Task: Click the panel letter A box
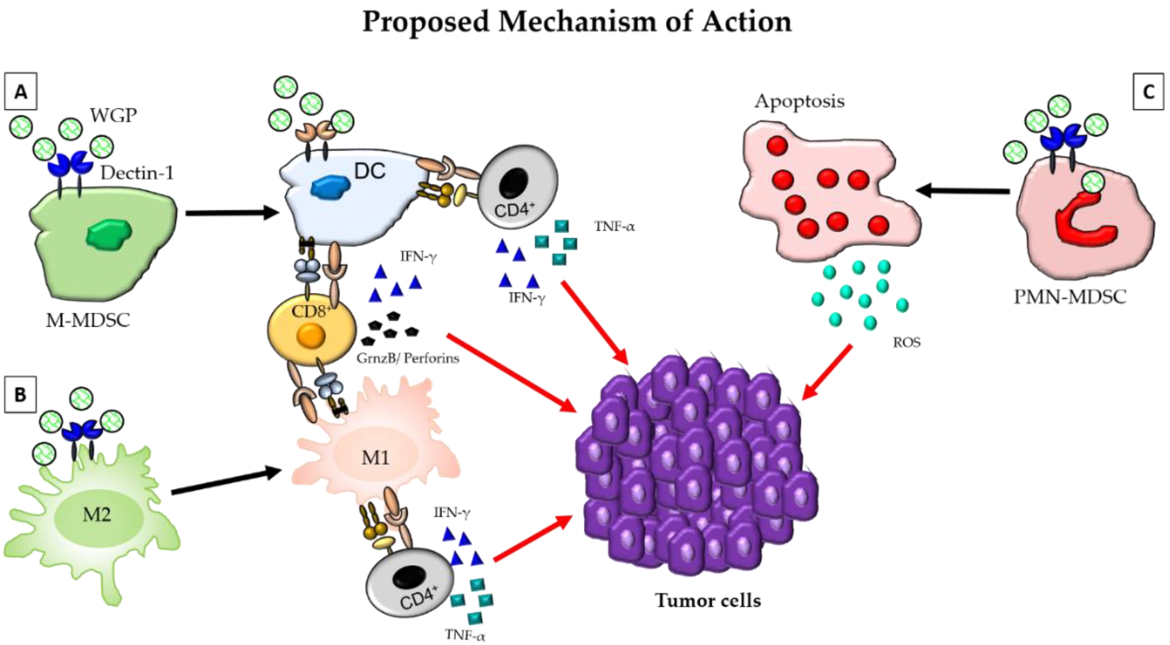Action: [x=20, y=91]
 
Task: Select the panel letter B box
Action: [x=20, y=394]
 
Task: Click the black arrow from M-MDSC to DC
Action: [x=232, y=213]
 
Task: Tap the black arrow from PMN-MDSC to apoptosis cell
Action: [x=963, y=190]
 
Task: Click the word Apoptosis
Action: [x=799, y=101]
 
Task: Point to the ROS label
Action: [x=907, y=342]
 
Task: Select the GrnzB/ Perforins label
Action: [x=408, y=358]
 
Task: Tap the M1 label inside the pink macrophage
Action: [x=375, y=457]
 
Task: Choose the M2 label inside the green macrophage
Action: [x=96, y=515]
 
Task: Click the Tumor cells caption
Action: [x=708, y=600]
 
